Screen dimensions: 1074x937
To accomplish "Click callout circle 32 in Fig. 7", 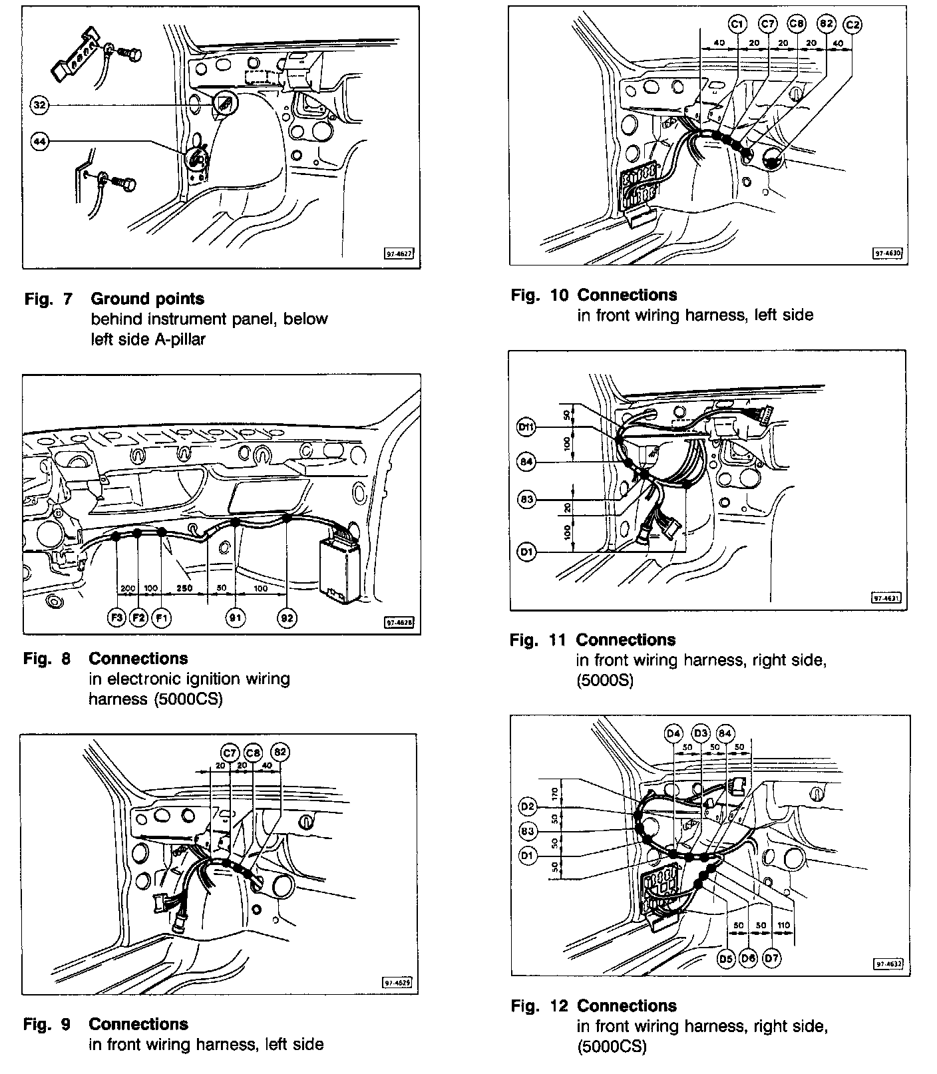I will [40, 105].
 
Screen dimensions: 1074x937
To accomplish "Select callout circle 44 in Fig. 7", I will [40, 141].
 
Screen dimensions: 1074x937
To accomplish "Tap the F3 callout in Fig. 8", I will [116, 618].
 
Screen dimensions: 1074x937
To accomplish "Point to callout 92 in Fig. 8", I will [287, 618].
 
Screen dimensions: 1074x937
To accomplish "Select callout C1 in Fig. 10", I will [737, 25].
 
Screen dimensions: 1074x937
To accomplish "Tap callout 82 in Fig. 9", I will [280, 753].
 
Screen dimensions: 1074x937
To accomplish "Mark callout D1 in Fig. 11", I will [526, 552].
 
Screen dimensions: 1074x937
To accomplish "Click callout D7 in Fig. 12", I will [772, 958].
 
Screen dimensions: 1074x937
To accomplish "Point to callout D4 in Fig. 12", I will [674, 734].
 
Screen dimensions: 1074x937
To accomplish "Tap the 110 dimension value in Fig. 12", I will [783, 926].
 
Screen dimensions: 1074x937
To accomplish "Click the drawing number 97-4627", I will [400, 254].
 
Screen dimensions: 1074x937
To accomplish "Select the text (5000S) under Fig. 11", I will [605, 680].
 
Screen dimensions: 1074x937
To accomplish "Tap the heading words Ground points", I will [148, 299].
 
